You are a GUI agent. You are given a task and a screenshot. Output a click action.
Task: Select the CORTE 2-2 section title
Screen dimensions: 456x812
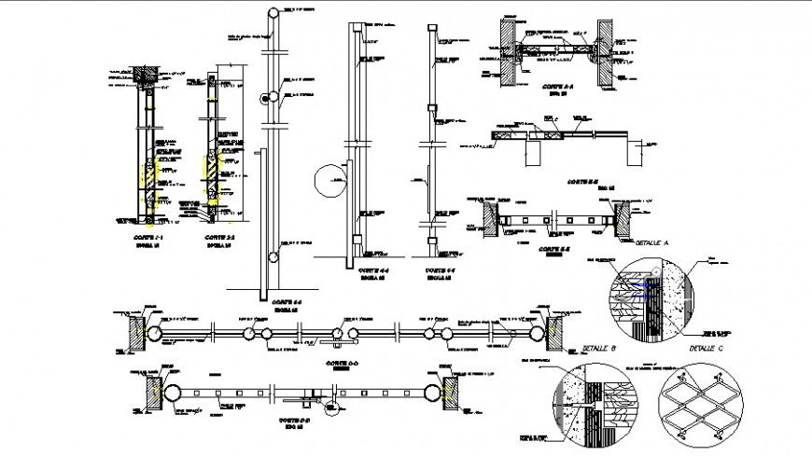click(219, 239)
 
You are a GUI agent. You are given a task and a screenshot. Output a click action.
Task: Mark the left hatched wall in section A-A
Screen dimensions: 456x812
click(505, 52)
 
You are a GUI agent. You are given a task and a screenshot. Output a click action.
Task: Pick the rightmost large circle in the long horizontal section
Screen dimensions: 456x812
click(538, 332)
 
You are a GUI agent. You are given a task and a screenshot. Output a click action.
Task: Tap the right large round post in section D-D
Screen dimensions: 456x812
click(432, 391)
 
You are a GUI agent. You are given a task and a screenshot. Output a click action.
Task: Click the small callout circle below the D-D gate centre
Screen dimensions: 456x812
click(328, 404)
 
